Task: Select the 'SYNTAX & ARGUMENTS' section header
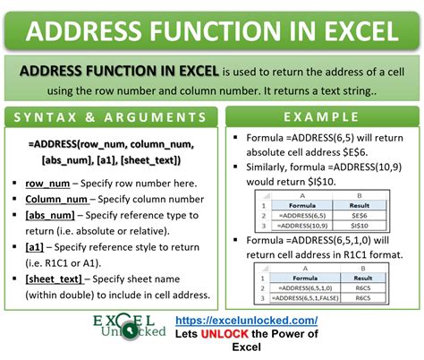(108, 117)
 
